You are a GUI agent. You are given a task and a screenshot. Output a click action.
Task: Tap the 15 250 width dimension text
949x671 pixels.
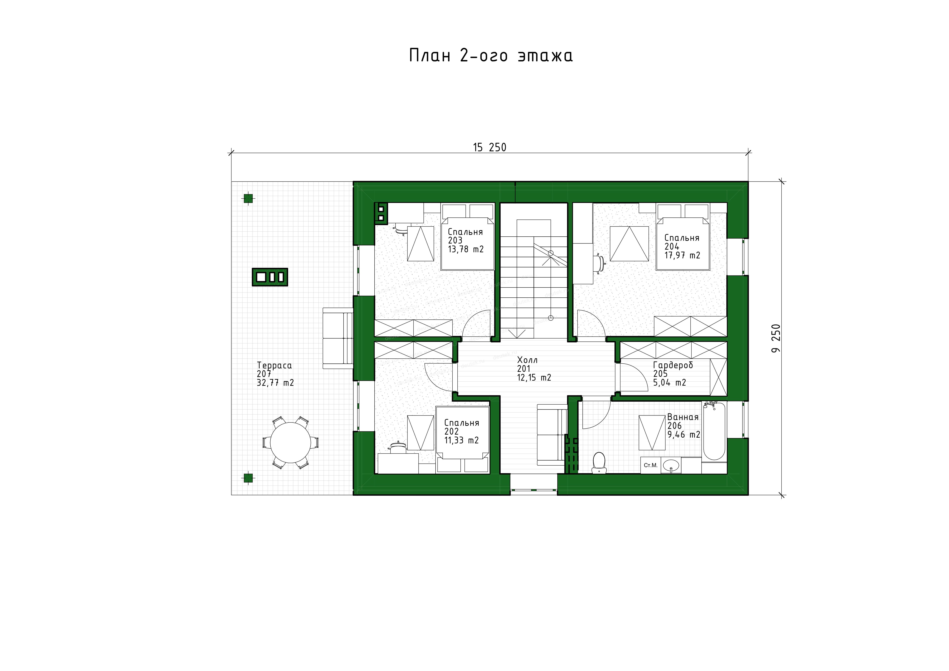click(x=490, y=147)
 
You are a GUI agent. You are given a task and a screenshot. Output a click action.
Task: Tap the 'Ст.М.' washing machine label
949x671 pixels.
click(x=651, y=465)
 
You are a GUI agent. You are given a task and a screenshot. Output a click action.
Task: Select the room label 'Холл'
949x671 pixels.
click(x=527, y=360)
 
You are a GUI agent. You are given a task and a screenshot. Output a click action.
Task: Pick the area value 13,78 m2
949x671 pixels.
click(x=466, y=249)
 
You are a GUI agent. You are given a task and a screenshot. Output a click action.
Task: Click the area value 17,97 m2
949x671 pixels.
click(x=682, y=255)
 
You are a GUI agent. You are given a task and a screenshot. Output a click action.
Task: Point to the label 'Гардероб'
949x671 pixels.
click(x=673, y=365)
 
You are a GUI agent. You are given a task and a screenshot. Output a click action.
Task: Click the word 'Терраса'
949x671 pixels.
click(x=275, y=365)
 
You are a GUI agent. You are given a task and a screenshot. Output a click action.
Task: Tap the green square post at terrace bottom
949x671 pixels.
click(x=248, y=478)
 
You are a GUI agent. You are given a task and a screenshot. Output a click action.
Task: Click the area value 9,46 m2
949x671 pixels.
click(x=684, y=435)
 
